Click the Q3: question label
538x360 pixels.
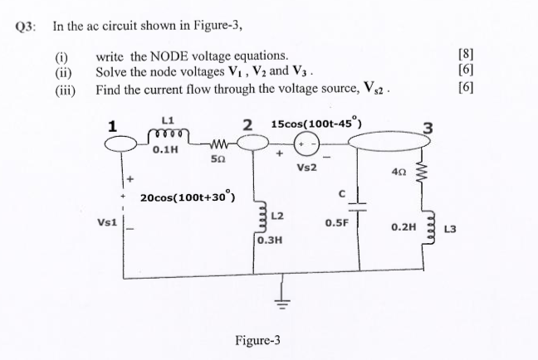click(27, 26)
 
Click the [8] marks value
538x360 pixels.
click(467, 56)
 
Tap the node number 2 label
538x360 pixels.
click(247, 124)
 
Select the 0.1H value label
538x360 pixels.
click(167, 150)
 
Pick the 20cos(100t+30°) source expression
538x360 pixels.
click(188, 197)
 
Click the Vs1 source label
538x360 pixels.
click(107, 222)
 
